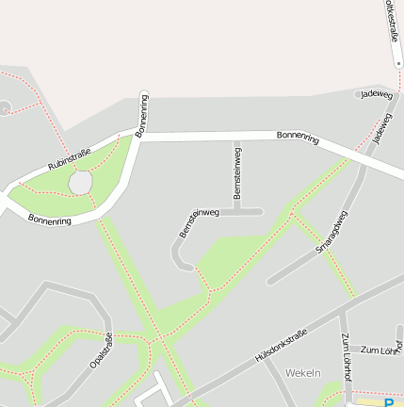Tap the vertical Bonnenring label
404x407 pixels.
click(142, 114)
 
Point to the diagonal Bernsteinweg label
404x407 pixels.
click(198, 222)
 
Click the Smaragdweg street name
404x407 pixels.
click(331, 230)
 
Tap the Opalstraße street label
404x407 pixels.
click(101, 350)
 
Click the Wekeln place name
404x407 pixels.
click(302, 372)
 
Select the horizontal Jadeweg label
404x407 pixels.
click(377, 94)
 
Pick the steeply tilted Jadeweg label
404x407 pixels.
click(381, 129)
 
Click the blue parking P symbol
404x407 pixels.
click(391, 402)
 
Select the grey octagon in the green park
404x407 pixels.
click(81, 181)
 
